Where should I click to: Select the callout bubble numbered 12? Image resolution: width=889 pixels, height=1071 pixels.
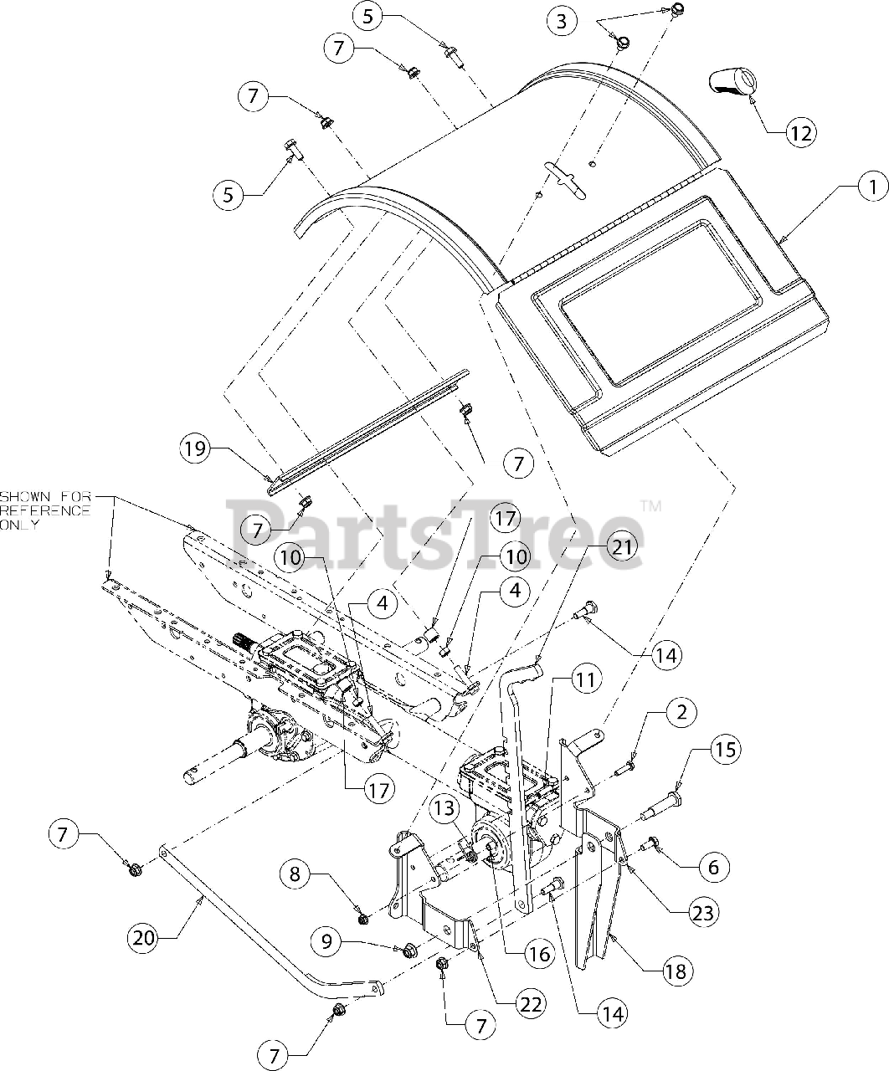coord(799,132)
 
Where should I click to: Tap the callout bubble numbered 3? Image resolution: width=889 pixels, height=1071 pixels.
coord(562,21)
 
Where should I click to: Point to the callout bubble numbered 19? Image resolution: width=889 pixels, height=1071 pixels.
coord(195,449)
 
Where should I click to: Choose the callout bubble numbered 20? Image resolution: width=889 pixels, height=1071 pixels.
coord(145,937)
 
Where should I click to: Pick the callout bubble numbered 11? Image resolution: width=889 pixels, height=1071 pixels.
coord(585,679)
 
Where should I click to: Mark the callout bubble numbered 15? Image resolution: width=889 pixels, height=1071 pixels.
coord(725,749)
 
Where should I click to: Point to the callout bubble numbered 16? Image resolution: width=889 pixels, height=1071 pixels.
coord(539,953)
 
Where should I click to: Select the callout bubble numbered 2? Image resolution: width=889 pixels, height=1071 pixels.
coord(681,713)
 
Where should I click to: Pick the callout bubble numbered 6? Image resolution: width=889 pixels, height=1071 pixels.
coord(712,868)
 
